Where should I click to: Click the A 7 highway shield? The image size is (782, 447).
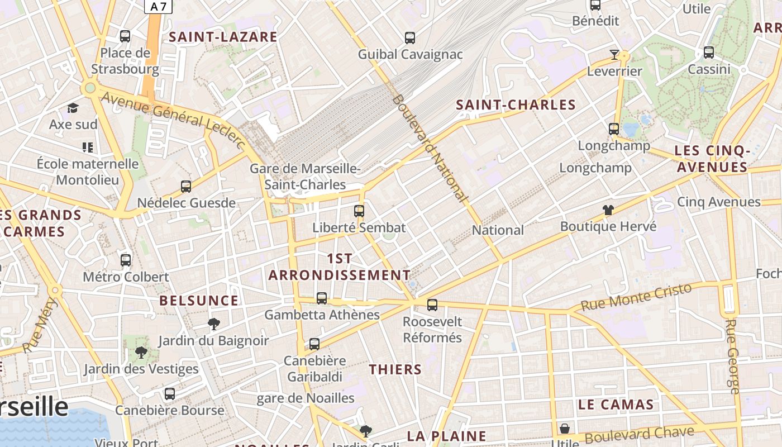click(x=159, y=7)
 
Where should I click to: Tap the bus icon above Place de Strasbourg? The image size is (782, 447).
click(x=125, y=36)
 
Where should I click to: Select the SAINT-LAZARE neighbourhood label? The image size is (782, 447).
click(x=223, y=37)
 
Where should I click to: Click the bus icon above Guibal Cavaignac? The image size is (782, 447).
click(x=410, y=38)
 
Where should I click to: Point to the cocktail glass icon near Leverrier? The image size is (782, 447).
click(x=614, y=54)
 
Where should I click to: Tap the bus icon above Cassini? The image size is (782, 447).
click(x=709, y=53)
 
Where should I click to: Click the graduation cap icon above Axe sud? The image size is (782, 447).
click(x=73, y=108)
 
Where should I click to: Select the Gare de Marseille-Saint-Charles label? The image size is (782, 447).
click(x=305, y=176)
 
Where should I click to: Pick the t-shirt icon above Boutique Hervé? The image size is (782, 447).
click(x=608, y=210)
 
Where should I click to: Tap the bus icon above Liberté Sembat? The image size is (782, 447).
click(x=359, y=211)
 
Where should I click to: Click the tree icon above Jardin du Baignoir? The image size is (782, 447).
click(x=213, y=324)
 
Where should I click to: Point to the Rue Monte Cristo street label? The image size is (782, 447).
click(x=636, y=297)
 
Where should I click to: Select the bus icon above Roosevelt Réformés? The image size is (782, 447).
click(x=432, y=305)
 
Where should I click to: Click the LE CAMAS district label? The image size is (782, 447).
click(x=616, y=405)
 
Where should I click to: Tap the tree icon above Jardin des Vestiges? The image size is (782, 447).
click(x=141, y=353)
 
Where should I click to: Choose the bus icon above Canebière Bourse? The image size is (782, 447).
click(x=170, y=394)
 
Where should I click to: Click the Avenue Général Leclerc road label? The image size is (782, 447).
click(x=173, y=120)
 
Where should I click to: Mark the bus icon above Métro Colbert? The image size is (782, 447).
click(x=126, y=260)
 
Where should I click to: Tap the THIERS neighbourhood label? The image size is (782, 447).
click(x=395, y=369)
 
